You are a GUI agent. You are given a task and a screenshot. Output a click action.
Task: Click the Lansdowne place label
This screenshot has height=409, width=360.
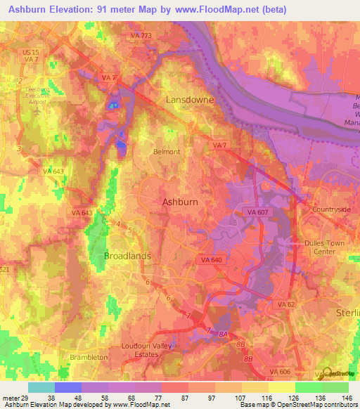coord(189,100)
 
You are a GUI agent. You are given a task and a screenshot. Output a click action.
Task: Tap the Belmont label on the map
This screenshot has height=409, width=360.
coord(167,151)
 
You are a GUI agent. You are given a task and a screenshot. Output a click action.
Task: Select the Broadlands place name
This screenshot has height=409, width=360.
coord(127,256)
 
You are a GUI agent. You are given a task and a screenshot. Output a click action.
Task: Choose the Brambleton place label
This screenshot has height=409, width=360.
coord(89,357)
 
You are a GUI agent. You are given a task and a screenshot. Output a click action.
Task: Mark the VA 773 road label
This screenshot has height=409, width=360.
coord(141,34)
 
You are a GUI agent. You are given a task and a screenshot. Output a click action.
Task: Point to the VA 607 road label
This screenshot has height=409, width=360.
coord(259,211)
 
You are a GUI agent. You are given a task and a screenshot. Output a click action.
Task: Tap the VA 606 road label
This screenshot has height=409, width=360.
coord(281,370)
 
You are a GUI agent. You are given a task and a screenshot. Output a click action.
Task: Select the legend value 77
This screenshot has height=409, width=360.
coord(160,397)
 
